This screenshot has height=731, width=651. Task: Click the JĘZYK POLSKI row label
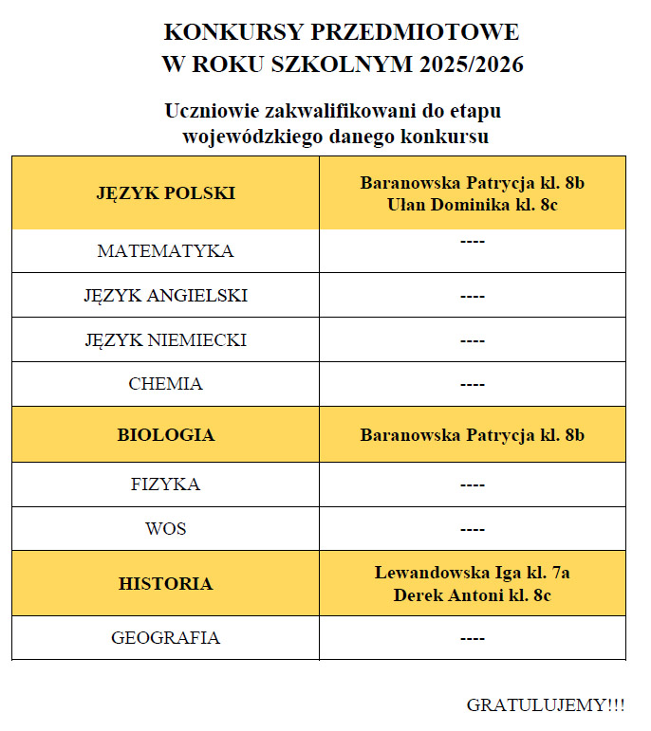pos(165,193)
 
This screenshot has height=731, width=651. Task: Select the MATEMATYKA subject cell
pos(165,251)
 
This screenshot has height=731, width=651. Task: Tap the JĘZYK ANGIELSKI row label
pos(165,296)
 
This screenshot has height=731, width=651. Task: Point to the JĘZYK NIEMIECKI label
pos(165,339)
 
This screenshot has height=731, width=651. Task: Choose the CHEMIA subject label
pos(165,384)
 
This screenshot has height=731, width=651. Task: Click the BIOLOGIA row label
pos(165,435)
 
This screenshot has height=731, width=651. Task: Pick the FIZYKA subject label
pos(165,484)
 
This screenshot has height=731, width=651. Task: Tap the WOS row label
pos(165,529)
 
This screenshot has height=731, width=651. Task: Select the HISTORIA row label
pos(165,584)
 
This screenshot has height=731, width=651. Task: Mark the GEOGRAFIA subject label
pos(165,638)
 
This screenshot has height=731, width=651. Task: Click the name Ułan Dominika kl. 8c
pos(472,205)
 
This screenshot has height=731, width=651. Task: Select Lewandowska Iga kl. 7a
pos(472,573)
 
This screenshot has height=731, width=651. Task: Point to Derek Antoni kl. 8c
pos(472,595)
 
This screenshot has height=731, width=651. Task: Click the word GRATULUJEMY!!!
pos(546,705)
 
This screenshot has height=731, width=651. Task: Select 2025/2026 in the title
pos(470,65)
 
